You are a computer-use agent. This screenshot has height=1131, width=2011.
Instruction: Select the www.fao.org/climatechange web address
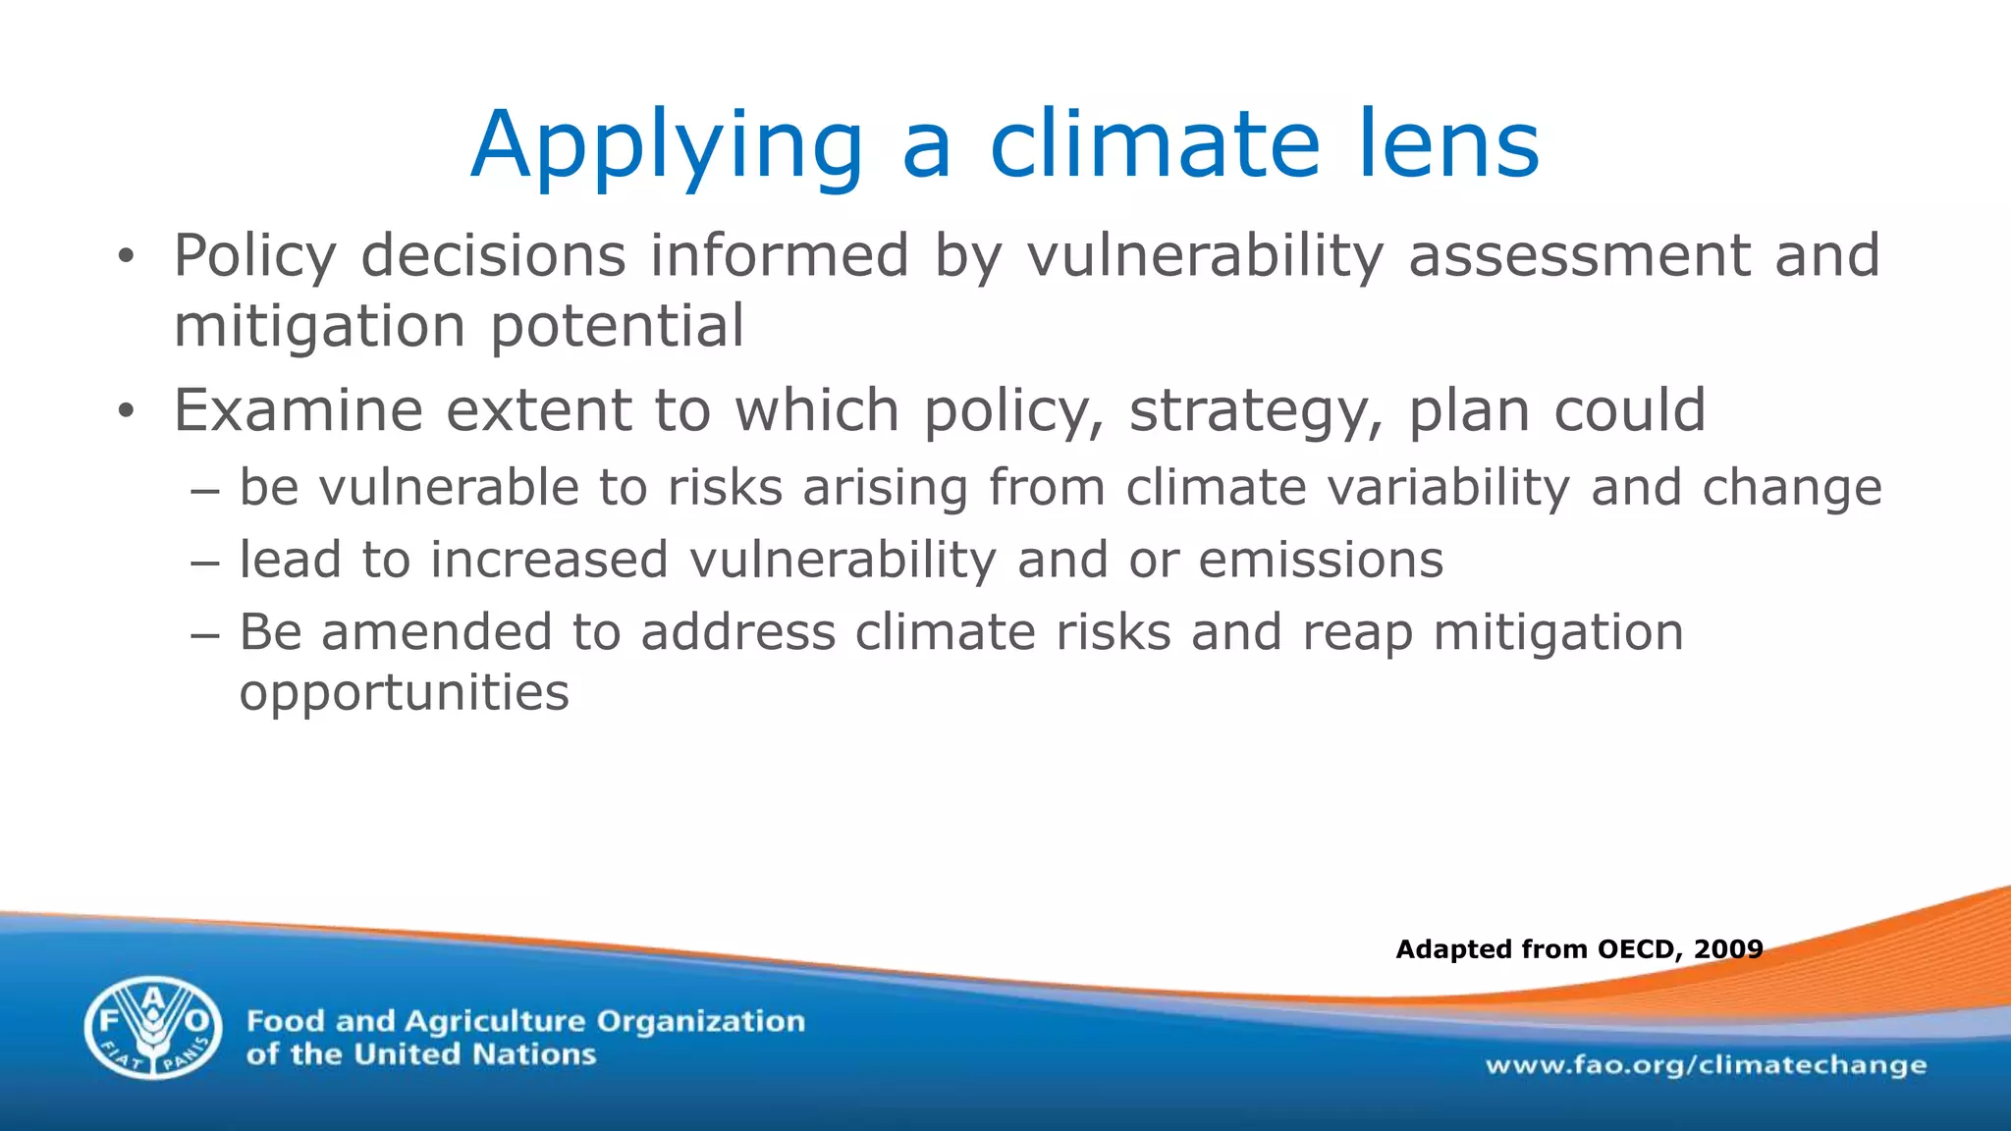pos(1706,1065)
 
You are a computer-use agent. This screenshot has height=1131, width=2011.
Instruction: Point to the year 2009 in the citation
pos(1728,948)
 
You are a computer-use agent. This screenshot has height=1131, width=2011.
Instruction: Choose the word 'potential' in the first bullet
pos(618,326)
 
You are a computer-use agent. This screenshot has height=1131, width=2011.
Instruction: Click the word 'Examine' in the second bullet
pos(298,409)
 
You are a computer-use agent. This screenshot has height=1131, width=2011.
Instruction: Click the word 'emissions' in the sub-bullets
pos(1321,560)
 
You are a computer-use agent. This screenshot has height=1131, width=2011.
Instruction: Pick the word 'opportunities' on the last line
pos(404,693)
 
